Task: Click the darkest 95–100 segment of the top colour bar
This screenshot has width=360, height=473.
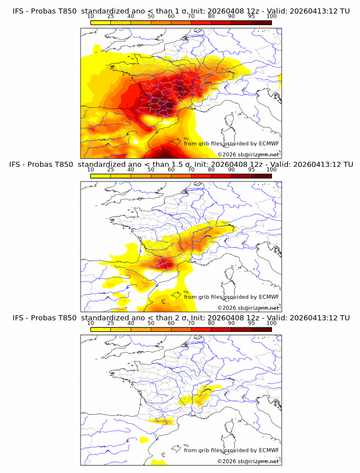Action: point(261,23)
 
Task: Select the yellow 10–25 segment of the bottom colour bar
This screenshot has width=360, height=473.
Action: point(101,329)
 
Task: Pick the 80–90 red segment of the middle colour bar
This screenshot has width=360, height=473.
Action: point(221,176)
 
